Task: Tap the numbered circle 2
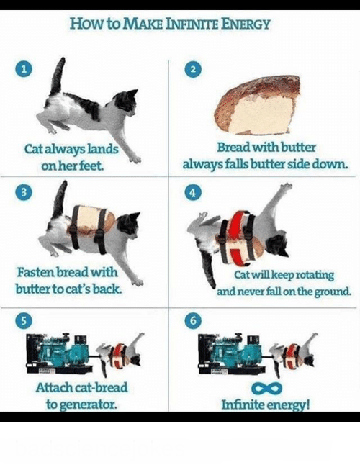[x=194, y=70]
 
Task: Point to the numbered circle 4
[x=194, y=192]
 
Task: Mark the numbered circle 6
[x=194, y=321]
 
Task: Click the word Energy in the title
[x=246, y=24]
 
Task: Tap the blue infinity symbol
[x=266, y=388]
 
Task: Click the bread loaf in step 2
[x=258, y=104]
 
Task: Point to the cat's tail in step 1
[x=58, y=76]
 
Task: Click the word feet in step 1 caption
[x=92, y=165]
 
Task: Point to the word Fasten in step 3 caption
[x=36, y=272]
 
